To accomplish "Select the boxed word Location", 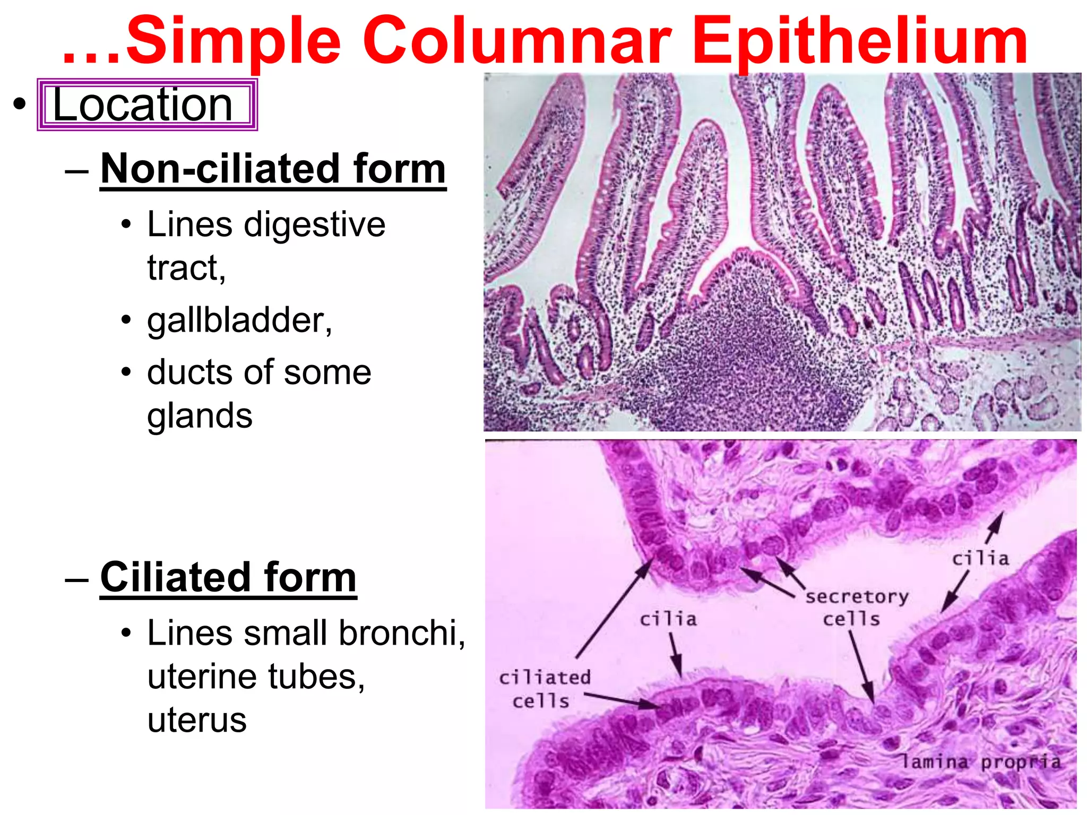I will click(143, 105).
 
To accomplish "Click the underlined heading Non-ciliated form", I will click(273, 169).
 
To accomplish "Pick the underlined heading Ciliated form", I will click(228, 577).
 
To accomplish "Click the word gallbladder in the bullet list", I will click(239, 320).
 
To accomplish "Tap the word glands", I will click(200, 415).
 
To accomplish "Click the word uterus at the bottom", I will click(197, 721).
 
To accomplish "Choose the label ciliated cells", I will click(544, 689).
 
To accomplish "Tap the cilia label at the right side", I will click(980, 559).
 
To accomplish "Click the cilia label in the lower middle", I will click(668, 619).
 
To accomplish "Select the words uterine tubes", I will click(256, 677).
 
